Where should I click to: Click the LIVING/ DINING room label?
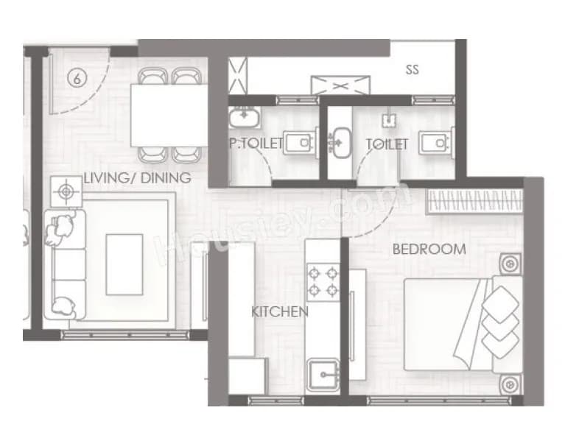(x=137, y=177)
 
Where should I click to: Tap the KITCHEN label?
(x=279, y=312)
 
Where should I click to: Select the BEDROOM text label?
(x=429, y=250)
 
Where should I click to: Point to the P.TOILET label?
(x=255, y=144)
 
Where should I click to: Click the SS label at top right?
(x=413, y=70)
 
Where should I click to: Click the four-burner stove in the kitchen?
(x=323, y=280)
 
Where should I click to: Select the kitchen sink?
(x=323, y=376)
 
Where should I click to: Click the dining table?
(x=169, y=116)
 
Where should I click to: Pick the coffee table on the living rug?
(x=124, y=264)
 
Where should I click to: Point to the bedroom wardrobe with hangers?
(x=475, y=200)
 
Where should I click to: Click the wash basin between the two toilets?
(x=340, y=138)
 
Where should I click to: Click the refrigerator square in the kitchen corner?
(x=247, y=375)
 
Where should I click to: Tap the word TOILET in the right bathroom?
(x=387, y=144)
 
